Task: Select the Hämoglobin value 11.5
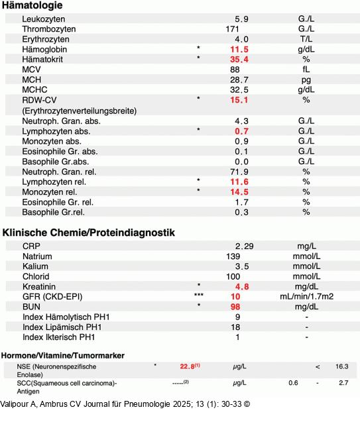pyautogui.click(x=239, y=50)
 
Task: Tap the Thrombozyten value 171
pyautogui.click(x=232, y=29)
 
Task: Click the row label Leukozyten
pyautogui.click(x=44, y=19)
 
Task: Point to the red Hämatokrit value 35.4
pyautogui.click(x=239, y=60)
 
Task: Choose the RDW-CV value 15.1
pyautogui.click(x=239, y=100)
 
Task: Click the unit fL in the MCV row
pyautogui.click(x=306, y=70)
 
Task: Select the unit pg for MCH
pyautogui.click(x=306, y=80)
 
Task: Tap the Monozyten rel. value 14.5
pyautogui.click(x=239, y=192)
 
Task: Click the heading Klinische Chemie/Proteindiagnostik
pyautogui.click(x=89, y=233)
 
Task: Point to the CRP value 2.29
pyautogui.click(x=244, y=246)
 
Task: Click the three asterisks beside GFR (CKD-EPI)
pyautogui.click(x=198, y=296)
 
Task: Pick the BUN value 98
pyautogui.click(x=235, y=307)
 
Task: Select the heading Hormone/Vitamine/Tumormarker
pyautogui.click(x=63, y=355)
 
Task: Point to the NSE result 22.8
pyautogui.click(x=188, y=366)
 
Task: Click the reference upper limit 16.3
pyautogui.click(x=341, y=366)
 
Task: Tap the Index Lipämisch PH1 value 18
pyautogui.click(x=235, y=327)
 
